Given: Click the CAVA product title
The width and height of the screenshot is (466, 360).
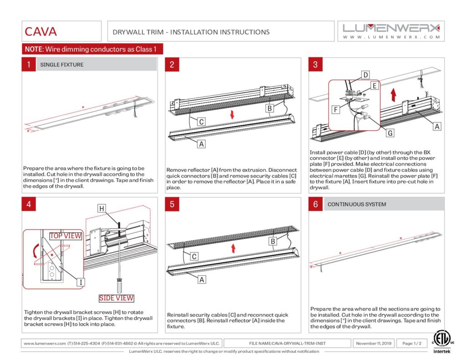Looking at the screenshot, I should coord(41,31).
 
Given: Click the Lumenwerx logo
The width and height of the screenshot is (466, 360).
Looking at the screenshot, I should coord(391,31).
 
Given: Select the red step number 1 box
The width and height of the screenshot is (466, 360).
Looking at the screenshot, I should coord(28,65).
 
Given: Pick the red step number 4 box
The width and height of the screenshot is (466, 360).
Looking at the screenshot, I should coord(28,204).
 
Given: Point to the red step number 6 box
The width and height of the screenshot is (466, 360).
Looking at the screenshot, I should coord(315,204).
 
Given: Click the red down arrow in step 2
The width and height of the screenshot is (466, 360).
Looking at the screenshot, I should coord(232,114).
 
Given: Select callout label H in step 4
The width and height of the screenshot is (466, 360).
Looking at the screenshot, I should coord(102,208).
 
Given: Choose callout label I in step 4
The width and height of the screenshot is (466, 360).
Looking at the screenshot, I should coord(81,282).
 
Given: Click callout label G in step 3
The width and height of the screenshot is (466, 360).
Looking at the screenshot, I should coord(390,133).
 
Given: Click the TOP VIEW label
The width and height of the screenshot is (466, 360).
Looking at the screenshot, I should coord(66,236).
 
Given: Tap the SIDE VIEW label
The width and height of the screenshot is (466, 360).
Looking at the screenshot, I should coord(117,298).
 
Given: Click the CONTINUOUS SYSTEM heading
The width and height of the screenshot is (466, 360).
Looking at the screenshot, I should coord(357,204).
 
